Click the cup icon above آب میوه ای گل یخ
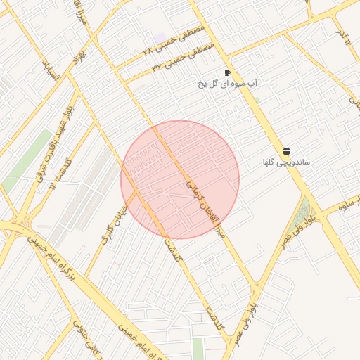click(227, 73)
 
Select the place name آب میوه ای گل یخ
click(228, 84)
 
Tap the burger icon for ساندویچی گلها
click(286, 151)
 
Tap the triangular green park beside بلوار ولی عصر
click(301, 215)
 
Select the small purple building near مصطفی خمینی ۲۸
click(161, 36)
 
